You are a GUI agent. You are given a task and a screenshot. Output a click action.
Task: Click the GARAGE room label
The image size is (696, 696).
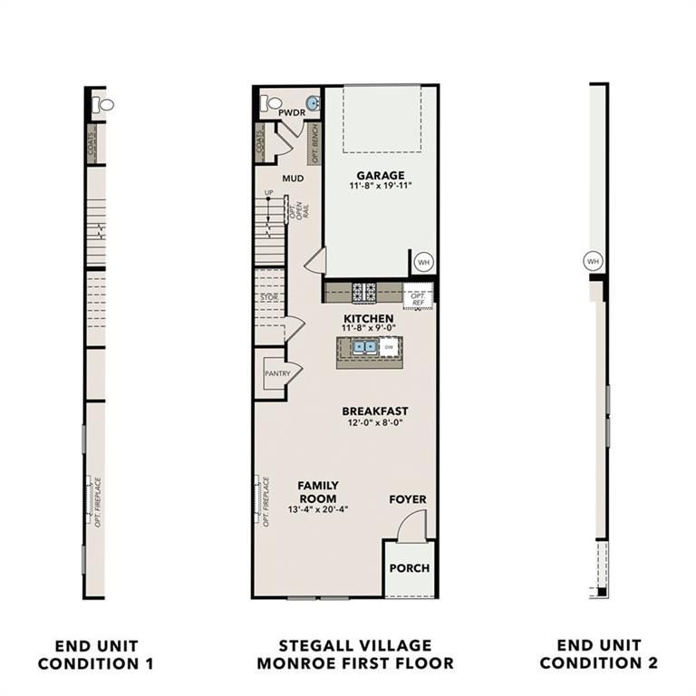pyautogui.click(x=380, y=175)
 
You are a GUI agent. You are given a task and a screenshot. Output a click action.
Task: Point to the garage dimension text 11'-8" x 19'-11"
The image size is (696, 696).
pyautogui.click(x=380, y=187)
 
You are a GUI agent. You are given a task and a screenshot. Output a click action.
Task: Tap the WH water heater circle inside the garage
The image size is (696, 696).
pyautogui.click(x=422, y=262)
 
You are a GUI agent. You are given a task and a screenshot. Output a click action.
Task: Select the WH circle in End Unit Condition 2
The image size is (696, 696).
pyautogui.click(x=594, y=261)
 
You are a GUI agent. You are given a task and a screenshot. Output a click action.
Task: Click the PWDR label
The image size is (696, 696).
pyautogui.click(x=291, y=112)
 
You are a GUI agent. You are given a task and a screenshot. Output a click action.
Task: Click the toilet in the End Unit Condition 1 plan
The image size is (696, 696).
pyautogui.click(x=105, y=104)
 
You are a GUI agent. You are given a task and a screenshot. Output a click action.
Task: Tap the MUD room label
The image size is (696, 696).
pyautogui.click(x=292, y=179)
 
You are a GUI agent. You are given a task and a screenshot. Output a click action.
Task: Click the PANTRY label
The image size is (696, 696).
pyautogui.click(x=276, y=373)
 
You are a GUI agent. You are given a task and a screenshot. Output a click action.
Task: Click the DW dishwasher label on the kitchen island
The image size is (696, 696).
pyautogui.click(x=388, y=347)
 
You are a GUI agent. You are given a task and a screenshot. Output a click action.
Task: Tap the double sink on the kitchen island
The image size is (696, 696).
pyautogui.click(x=364, y=346)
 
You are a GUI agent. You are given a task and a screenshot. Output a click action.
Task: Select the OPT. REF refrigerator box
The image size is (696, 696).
pyautogui.click(x=419, y=298)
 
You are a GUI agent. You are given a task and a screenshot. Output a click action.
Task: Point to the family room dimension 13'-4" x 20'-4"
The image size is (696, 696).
pyautogui.click(x=317, y=510)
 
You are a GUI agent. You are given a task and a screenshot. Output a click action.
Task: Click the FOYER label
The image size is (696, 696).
pyautogui.click(x=408, y=499)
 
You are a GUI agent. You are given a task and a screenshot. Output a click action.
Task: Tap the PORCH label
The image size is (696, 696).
pyautogui.click(x=409, y=569)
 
